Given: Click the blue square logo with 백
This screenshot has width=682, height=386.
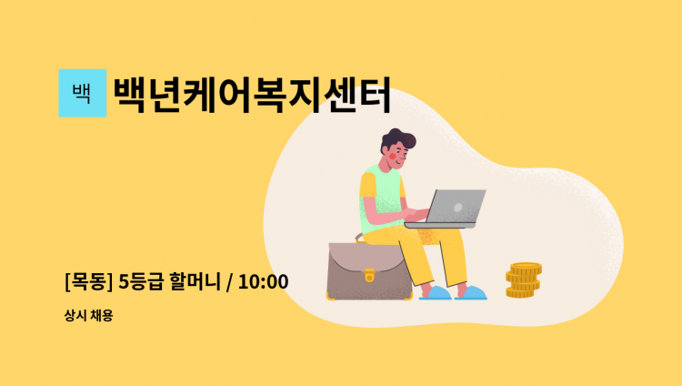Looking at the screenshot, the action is click(82, 93).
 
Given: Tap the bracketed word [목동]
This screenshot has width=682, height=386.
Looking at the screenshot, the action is click(88, 282).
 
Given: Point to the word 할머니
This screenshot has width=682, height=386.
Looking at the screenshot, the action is click(196, 282).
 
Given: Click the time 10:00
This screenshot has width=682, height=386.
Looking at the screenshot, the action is click(263, 282).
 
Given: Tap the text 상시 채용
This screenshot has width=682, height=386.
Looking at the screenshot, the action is click(88, 315).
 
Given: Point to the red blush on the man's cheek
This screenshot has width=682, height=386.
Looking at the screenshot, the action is click(392, 156).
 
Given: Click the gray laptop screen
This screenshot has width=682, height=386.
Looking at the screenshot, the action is click(456, 206).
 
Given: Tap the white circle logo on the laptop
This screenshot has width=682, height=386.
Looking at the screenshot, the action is click(457, 208).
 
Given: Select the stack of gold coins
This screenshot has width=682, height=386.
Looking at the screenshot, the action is click(523, 280).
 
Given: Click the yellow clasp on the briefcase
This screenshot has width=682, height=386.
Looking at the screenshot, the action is click(369, 275).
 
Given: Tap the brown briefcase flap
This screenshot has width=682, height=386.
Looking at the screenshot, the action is click(366, 259).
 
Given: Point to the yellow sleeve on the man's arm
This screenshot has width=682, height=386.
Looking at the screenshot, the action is click(367, 185).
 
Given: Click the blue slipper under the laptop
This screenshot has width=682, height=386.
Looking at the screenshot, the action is click(471, 293).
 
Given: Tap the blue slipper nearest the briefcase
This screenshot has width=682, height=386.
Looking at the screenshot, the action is click(435, 293).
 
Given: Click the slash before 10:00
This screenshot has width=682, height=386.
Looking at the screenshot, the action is click(230, 282).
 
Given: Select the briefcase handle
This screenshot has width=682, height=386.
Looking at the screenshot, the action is click(359, 238).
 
